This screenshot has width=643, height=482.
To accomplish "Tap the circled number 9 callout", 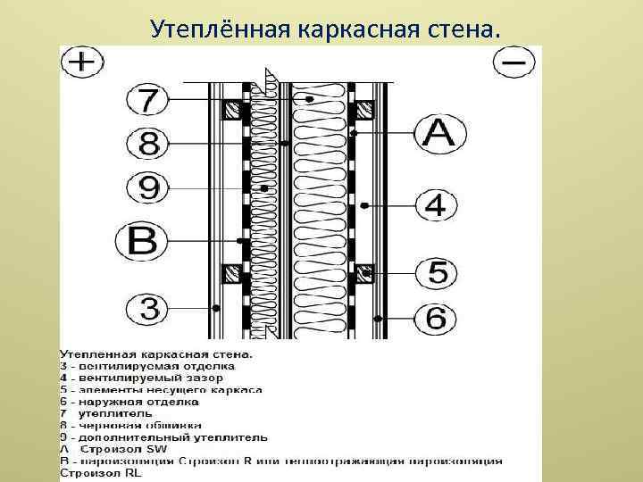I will pyautogui.click(x=146, y=188).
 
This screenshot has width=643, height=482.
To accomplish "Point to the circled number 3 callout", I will pyautogui.click(x=146, y=309).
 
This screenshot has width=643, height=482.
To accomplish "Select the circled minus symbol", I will pyautogui.click(x=514, y=62).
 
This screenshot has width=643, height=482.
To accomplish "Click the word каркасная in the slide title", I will pyautogui.click(x=335, y=29).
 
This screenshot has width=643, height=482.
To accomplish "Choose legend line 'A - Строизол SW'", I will pyautogui.click(x=113, y=449).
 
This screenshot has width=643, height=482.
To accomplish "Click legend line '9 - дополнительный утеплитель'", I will pyautogui.click(x=163, y=437).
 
